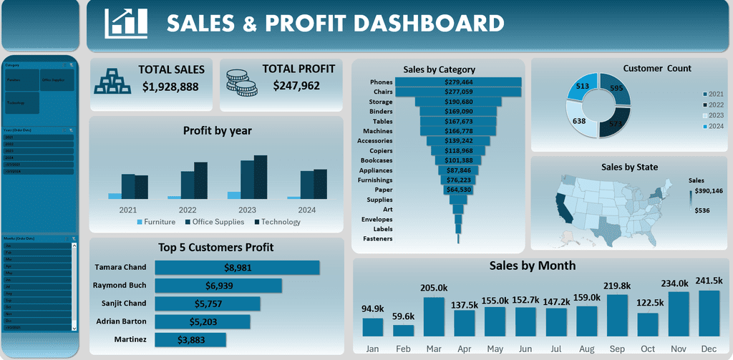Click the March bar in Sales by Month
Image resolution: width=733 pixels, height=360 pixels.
(434, 316)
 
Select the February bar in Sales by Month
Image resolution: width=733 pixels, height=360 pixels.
(404, 331)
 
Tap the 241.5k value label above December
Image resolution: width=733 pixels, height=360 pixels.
(708, 281)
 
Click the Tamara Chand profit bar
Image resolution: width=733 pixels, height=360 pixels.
(237, 268)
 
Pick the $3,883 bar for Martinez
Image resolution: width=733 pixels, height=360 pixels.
(190, 339)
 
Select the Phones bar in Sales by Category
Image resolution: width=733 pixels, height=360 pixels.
(458, 82)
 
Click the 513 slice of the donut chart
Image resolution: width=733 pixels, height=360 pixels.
(582, 87)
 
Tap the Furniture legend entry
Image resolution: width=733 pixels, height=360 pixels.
(155, 222)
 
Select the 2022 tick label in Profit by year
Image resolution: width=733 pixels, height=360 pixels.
(188, 210)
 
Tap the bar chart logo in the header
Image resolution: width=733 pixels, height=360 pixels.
(126, 24)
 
